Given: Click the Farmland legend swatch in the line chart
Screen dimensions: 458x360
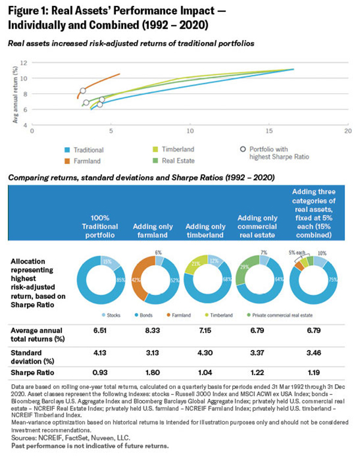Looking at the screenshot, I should [68, 161].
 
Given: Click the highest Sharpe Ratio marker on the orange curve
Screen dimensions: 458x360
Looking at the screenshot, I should [83, 91].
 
